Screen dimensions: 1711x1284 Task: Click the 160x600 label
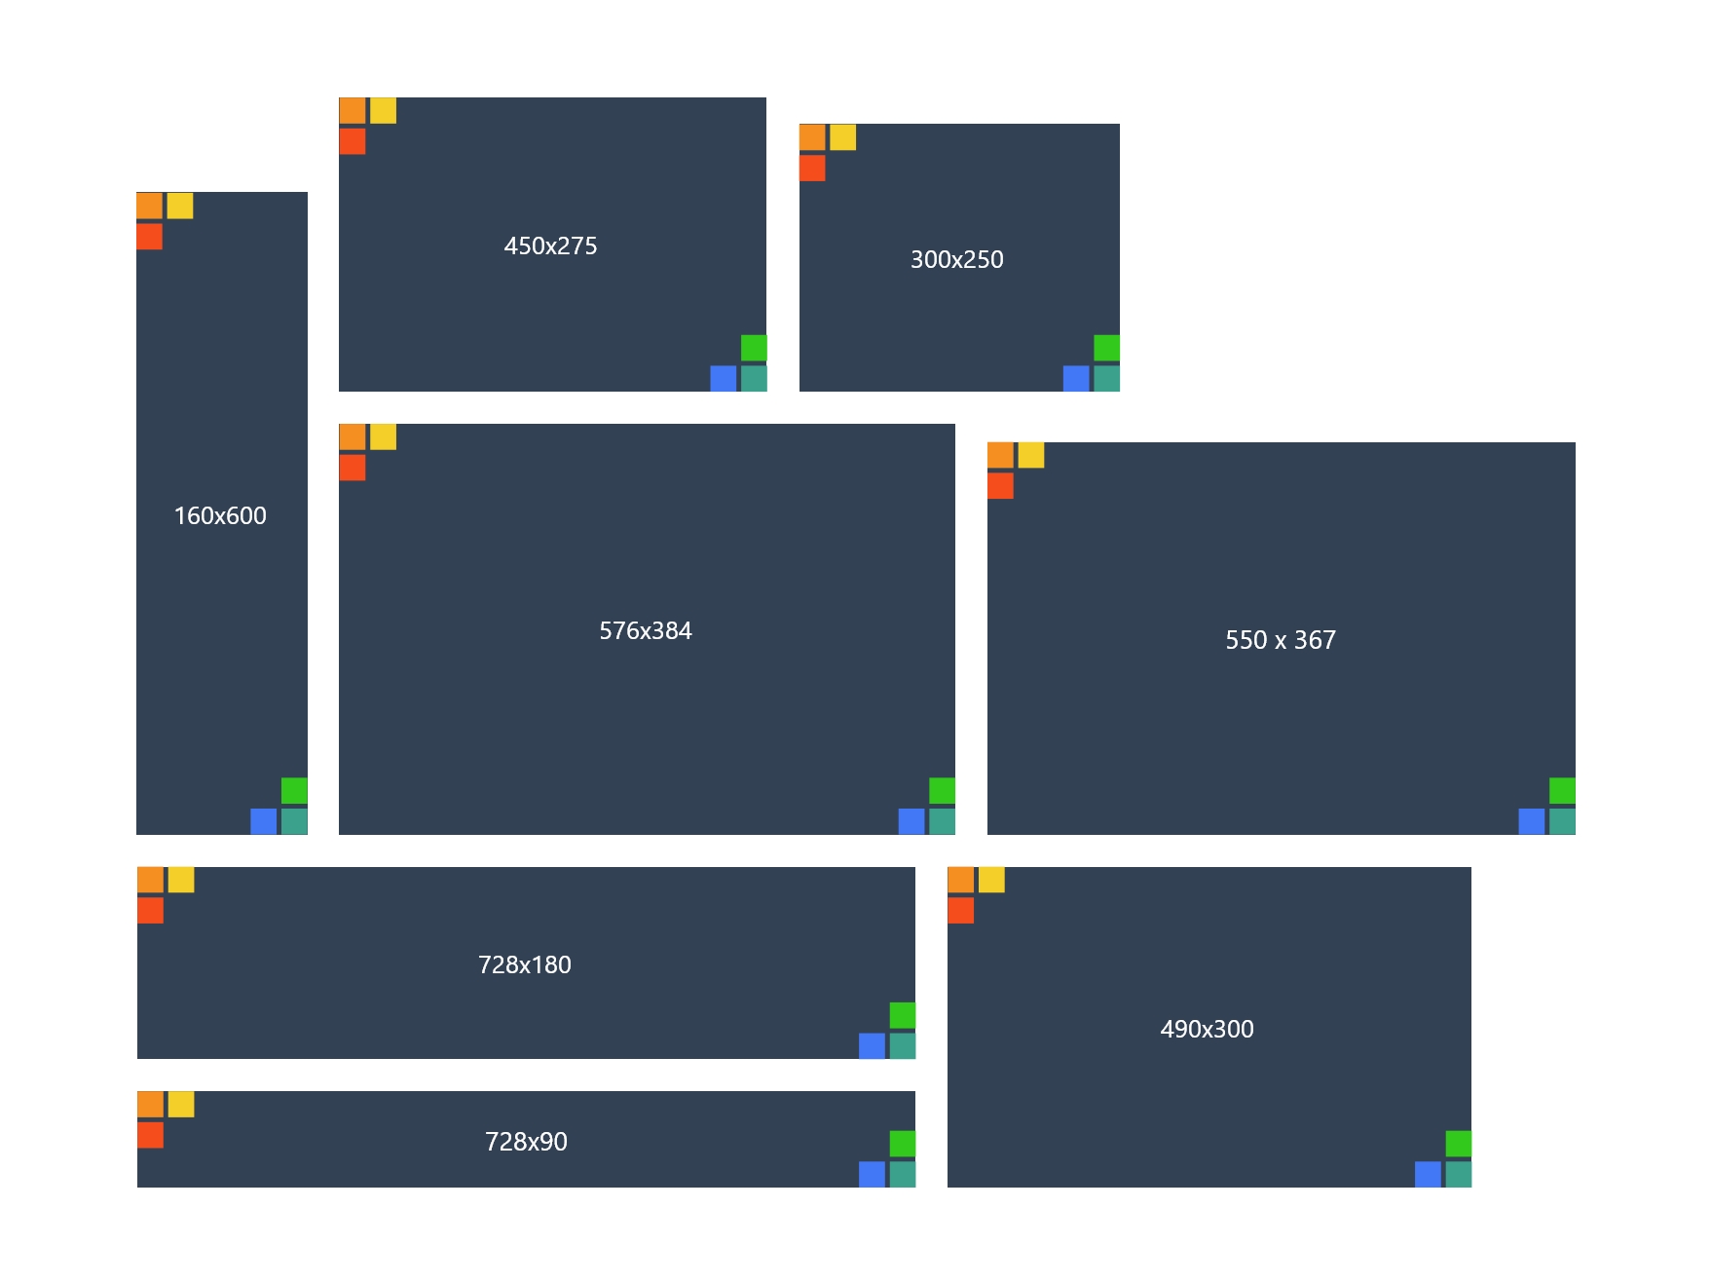[x=220, y=515]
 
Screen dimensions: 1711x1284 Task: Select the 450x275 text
[x=550, y=245]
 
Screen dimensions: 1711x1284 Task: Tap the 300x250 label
[x=956, y=259]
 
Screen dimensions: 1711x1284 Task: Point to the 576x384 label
[x=646, y=630]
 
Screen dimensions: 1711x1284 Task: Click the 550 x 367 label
[x=1281, y=640]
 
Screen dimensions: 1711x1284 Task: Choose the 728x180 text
[x=525, y=964]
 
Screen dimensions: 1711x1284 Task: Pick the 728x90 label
[x=526, y=1141]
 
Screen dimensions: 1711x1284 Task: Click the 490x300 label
[x=1207, y=1029]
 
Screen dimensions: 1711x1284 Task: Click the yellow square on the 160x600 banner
[x=180, y=206]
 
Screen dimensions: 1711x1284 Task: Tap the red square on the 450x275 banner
[x=353, y=141]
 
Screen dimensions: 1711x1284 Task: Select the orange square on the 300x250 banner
[x=812, y=137]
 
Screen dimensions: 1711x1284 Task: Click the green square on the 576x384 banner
[x=942, y=790]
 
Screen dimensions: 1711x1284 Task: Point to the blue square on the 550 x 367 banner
[x=1532, y=821]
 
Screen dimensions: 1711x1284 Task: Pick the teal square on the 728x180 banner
[x=903, y=1045]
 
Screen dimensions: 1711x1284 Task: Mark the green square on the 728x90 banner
[x=903, y=1144]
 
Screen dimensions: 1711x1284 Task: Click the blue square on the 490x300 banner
[x=1428, y=1174]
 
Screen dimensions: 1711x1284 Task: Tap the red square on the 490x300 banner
[x=961, y=911]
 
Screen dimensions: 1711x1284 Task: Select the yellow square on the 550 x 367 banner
[x=1031, y=455]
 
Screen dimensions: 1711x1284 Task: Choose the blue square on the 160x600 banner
[x=264, y=821]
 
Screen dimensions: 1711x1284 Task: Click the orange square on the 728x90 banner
[x=151, y=1105]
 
